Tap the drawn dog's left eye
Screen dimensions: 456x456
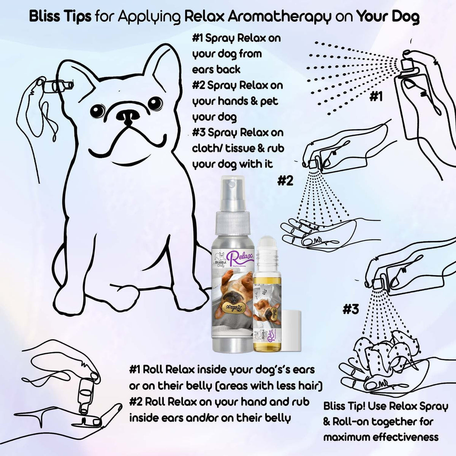tap(98, 111)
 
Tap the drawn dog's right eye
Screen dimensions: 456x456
tap(155, 102)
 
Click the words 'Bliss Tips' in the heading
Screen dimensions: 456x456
tap(60, 17)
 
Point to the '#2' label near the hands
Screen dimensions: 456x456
tap(285, 180)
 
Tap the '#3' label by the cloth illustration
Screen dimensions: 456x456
tap(350, 309)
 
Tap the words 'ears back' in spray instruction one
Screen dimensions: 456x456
tap(216, 70)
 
